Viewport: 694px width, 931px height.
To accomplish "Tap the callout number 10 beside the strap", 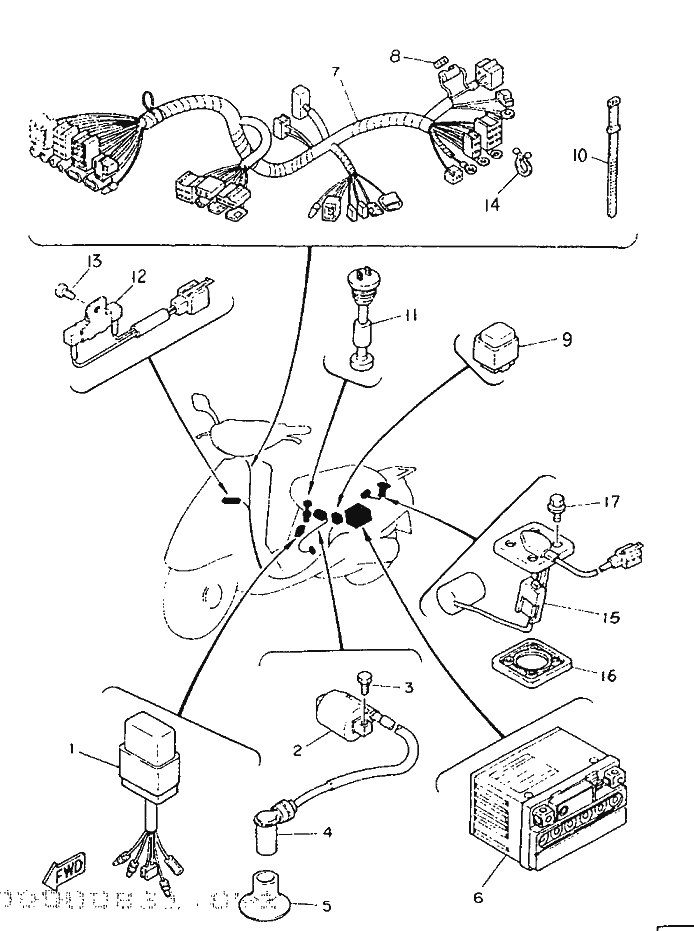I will (581, 155).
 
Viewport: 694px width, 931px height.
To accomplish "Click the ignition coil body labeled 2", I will (344, 716).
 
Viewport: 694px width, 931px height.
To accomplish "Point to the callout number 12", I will (136, 275).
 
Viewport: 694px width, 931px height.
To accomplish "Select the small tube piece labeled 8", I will (439, 61).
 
